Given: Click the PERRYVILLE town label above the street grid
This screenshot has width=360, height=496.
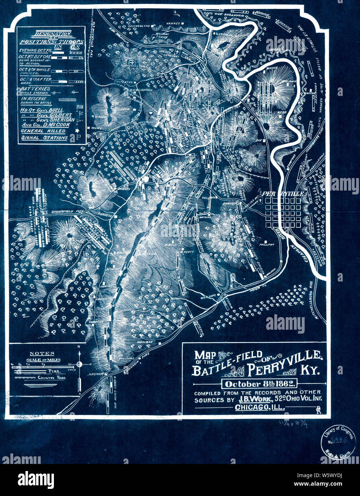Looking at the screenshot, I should tap(284, 193).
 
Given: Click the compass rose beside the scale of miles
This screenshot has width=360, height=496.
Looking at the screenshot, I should tap(80, 364).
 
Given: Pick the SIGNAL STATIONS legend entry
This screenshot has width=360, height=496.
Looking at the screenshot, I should tap(44, 138).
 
